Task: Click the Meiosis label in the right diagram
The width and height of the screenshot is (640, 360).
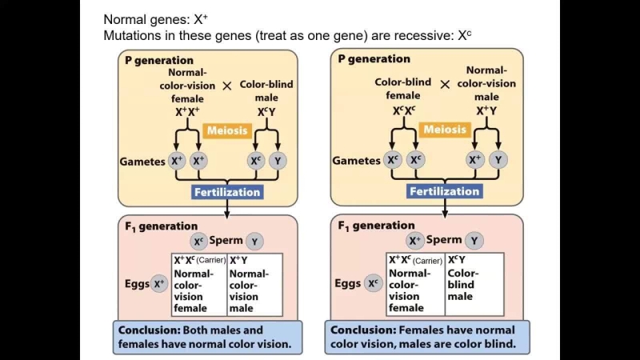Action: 444,130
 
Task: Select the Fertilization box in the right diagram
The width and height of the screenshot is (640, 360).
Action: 444,192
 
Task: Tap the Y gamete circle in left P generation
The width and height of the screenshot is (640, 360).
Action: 277,161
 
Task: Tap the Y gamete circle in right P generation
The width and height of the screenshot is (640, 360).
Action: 498,161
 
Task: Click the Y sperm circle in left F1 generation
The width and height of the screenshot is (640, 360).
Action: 255,241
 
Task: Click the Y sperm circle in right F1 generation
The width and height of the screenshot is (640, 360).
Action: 474,241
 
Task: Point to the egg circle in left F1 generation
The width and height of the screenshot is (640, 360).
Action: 159,283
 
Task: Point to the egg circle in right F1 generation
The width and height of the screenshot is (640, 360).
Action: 373,283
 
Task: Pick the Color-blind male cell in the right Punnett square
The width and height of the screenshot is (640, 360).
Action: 474,284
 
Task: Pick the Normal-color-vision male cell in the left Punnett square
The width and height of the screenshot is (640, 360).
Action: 254,284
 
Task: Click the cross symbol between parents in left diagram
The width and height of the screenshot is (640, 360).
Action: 226,85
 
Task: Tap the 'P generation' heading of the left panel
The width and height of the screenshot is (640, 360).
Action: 158,60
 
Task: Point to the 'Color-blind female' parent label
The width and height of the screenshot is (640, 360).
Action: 403,89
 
